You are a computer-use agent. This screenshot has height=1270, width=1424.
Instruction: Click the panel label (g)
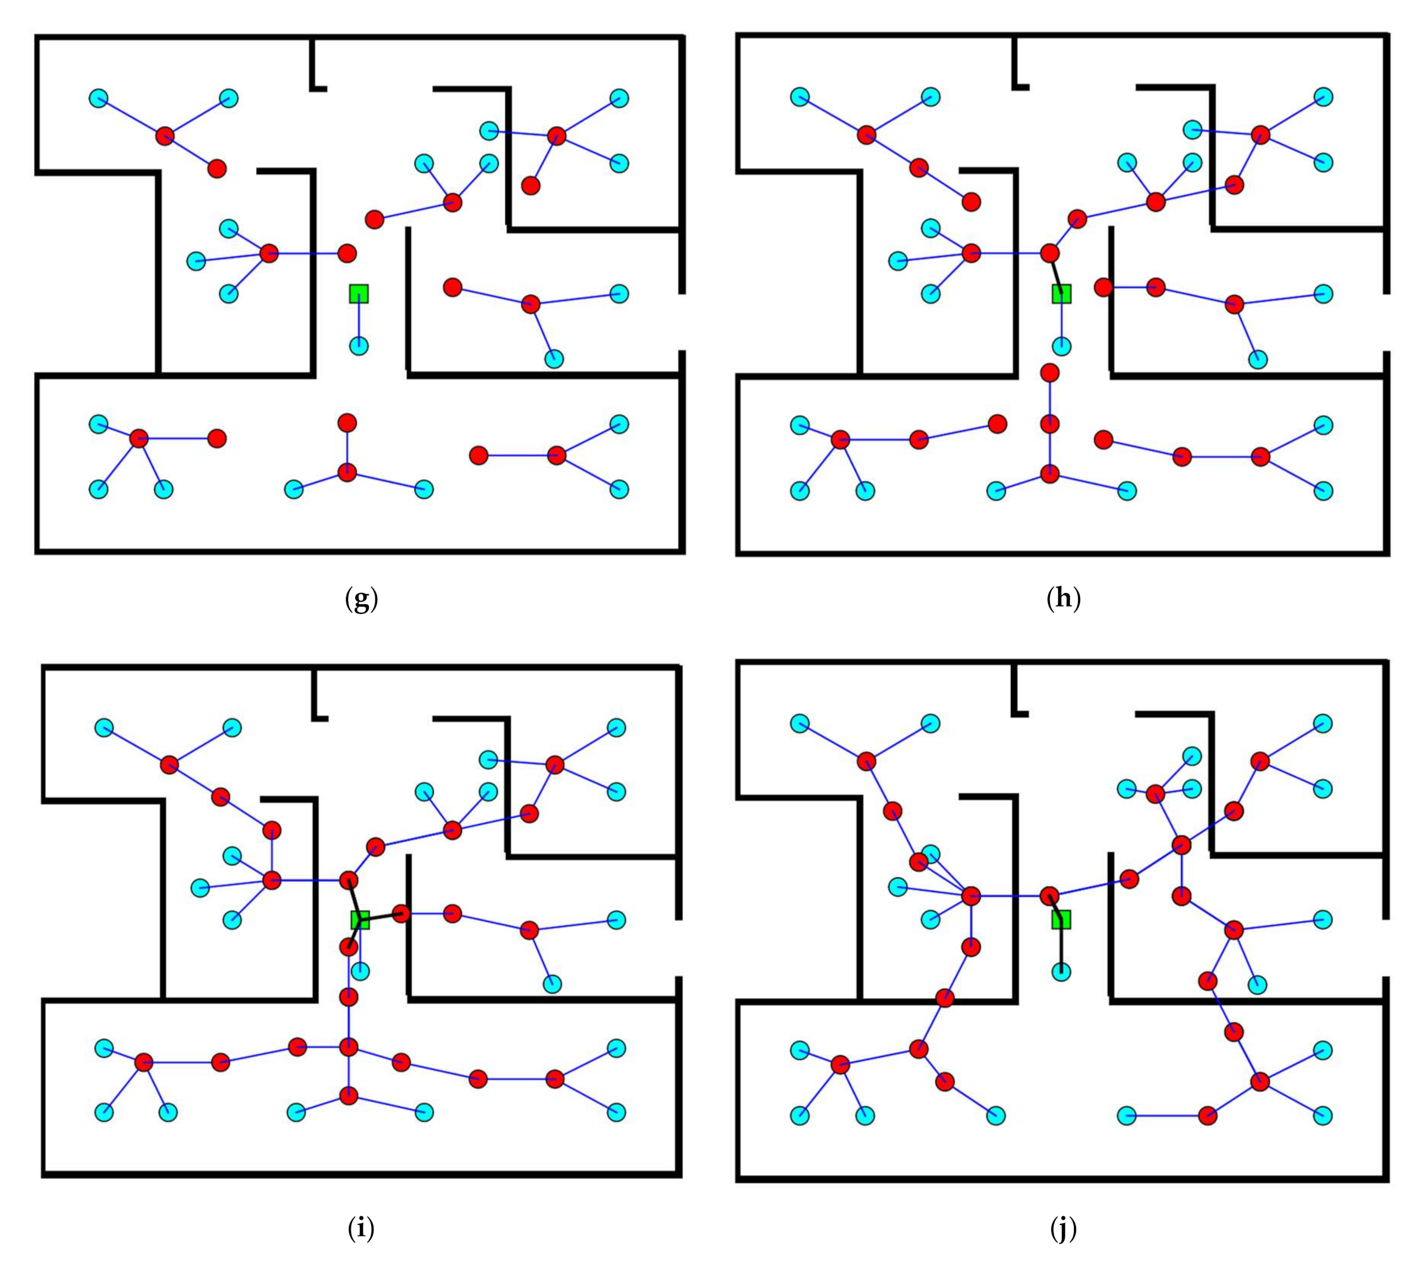(x=361, y=599)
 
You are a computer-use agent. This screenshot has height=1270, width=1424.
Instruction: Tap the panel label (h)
(x=1064, y=599)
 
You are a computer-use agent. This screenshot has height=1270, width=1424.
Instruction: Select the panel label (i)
(x=361, y=1228)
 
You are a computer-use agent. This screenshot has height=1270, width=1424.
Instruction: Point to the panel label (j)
(x=1063, y=1228)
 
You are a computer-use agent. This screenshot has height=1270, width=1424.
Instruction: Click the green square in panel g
(x=359, y=294)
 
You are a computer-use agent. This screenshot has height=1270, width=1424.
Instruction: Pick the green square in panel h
(x=1061, y=294)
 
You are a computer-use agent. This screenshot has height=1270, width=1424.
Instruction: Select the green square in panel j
(x=1061, y=920)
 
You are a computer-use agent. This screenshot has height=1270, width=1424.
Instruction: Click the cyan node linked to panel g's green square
(x=359, y=346)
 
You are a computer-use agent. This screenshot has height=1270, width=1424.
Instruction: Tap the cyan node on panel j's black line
(x=1061, y=971)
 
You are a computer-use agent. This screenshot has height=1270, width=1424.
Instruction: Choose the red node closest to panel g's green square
(x=347, y=253)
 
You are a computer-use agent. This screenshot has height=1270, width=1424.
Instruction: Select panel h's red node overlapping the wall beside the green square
(x=1103, y=287)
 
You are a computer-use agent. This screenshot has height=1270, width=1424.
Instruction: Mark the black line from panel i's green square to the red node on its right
(x=381, y=917)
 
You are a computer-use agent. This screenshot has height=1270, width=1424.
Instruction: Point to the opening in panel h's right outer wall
(x=1385, y=322)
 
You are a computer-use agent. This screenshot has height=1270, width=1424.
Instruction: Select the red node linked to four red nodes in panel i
(x=348, y=1047)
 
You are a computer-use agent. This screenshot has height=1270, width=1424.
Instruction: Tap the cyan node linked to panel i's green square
(x=360, y=971)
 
